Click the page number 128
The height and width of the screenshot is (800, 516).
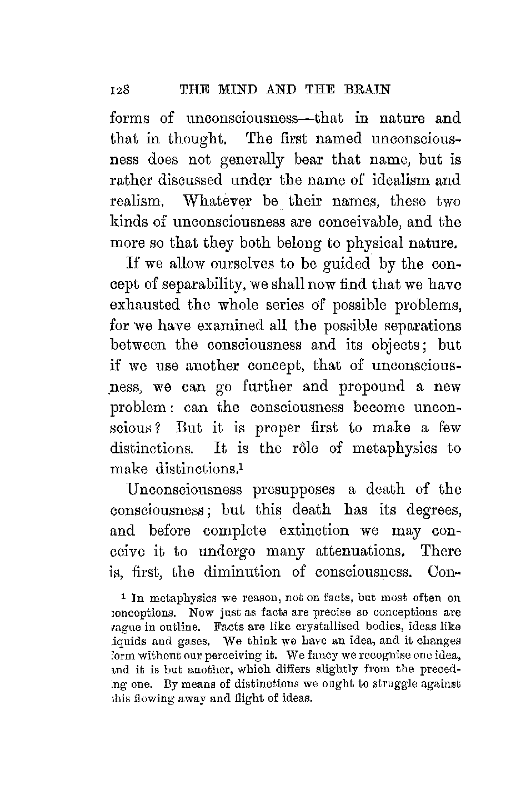click(x=120, y=89)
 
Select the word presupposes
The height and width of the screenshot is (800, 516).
click(x=294, y=490)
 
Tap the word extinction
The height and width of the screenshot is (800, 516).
click(x=315, y=531)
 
